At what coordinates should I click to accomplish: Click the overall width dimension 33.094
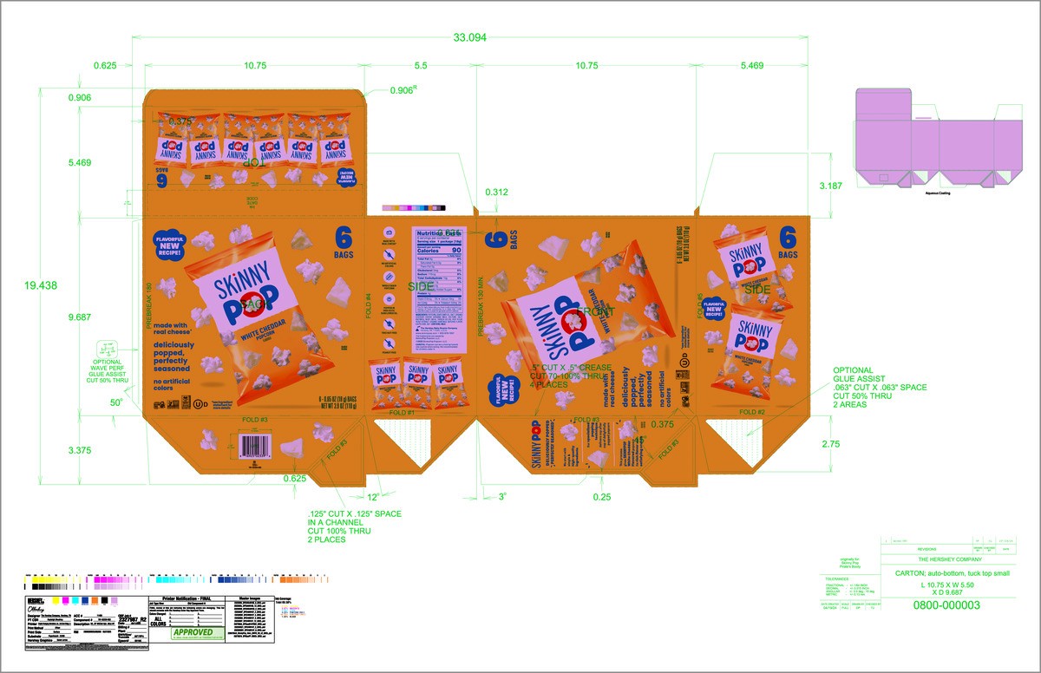(470, 38)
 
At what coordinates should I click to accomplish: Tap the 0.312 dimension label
(497, 192)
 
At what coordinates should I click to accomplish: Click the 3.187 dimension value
(831, 186)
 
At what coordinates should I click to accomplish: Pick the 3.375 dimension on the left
(81, 450)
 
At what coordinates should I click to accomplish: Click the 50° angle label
(116, 402)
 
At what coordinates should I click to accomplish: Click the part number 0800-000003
(946, 604)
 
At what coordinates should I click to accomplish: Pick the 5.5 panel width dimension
(422, 66)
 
